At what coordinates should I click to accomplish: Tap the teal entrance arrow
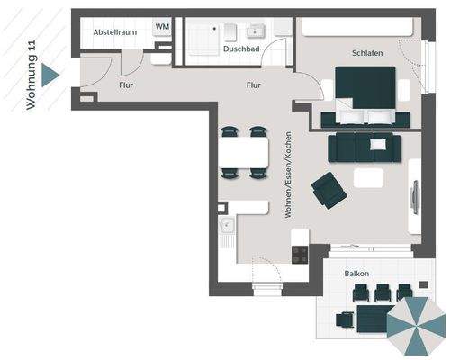[51, 76]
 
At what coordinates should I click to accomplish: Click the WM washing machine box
[163, 27]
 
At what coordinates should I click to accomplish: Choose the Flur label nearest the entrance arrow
[127, 85]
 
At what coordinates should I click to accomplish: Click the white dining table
[244, 154]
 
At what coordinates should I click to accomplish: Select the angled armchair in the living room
[328, 191]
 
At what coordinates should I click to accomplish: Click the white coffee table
[369, 178]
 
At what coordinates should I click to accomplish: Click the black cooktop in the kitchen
[300, 254]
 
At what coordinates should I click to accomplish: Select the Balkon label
[357, 273]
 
